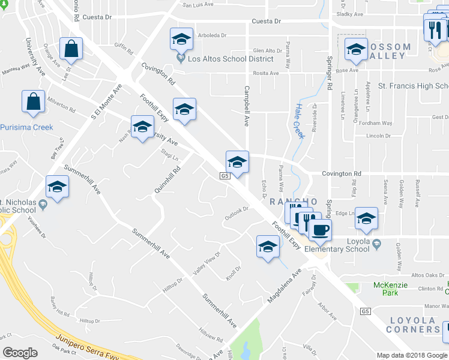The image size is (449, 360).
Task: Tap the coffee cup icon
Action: point(320,230)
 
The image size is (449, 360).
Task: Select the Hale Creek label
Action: point(300,120)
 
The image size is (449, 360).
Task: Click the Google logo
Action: point(20,353)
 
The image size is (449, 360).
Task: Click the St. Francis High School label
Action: point(413,86)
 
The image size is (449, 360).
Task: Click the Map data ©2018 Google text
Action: point(411,355)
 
